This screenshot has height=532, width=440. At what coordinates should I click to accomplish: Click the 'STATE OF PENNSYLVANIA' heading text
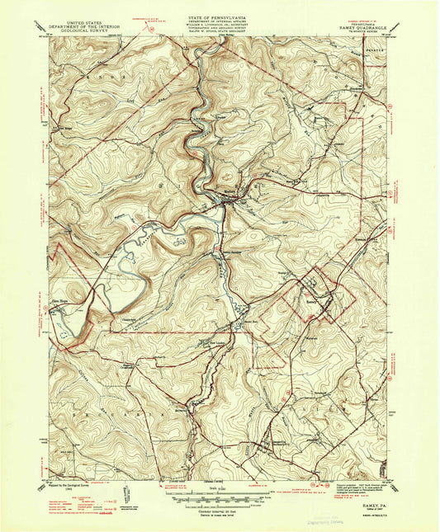220,6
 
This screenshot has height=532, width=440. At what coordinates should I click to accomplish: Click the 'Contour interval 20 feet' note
220,511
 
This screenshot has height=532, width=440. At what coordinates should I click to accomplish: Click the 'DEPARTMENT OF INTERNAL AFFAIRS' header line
220,12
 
